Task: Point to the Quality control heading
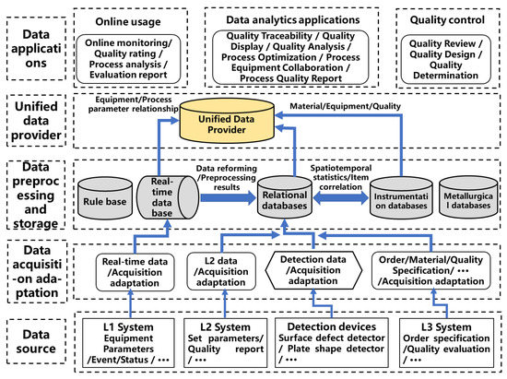446,19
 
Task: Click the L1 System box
131,341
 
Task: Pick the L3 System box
446,341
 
